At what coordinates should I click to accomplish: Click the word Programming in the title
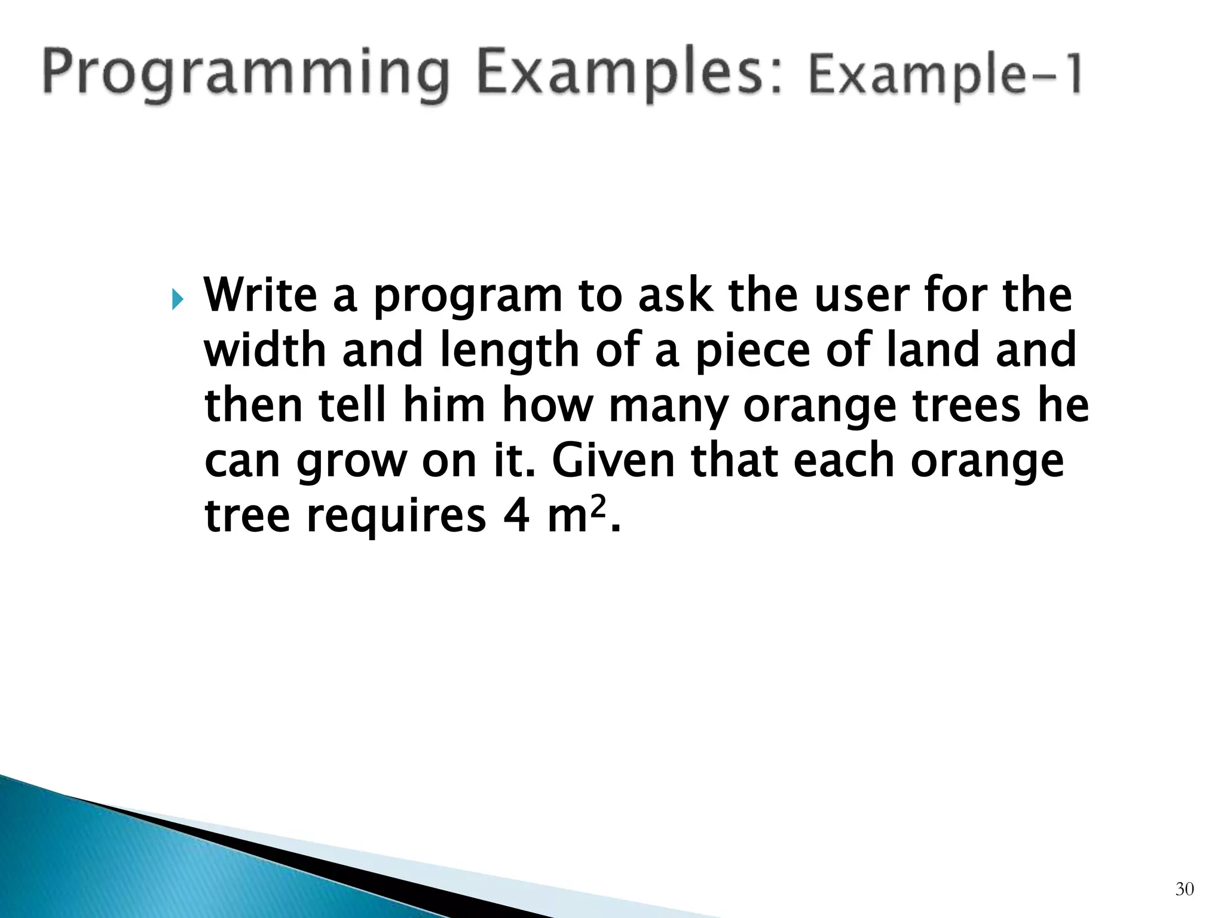pyautogui.click(x=245, y=75)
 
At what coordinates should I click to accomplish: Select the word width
pyautogui.click(x=265, y=351)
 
